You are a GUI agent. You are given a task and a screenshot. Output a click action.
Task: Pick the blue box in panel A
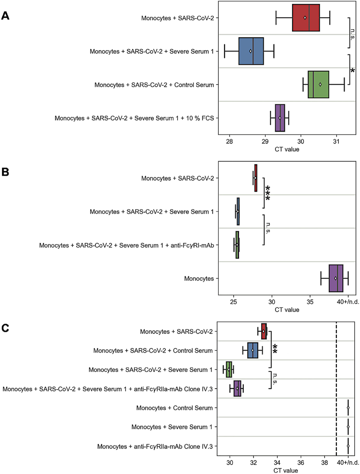pyautogui.click(x=251, y=51)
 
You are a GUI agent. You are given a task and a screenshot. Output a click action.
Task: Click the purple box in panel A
pyautogui.click(x=280, y=118)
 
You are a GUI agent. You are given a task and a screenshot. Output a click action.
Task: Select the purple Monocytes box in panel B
pyautogui.click(x=336, y=278)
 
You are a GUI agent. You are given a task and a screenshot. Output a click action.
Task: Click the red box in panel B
pyautogui.click(x=255, y=178)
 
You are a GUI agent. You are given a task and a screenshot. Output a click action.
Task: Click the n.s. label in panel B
pyautogui.click(x=268, y=228)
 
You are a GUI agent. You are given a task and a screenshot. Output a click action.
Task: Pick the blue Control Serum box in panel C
pyautogui.click(x=253, y=350)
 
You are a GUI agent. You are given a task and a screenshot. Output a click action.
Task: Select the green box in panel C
pyautogui.click(x=229, y=369)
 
